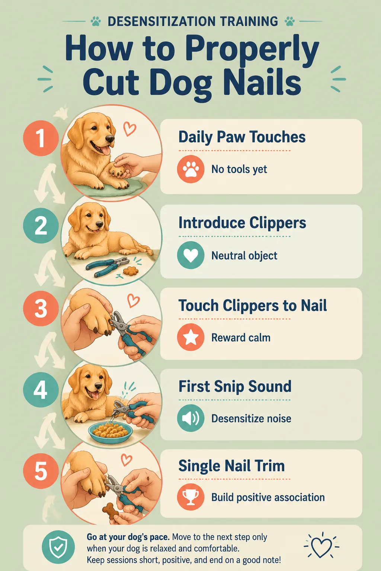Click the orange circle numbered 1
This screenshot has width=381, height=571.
click(41, 138)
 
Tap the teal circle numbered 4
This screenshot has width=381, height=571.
click(41, 390)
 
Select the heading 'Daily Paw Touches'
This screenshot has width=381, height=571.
click(242, 137)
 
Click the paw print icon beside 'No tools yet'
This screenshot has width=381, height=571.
click(190, 169)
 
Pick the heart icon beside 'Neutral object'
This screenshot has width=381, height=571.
click(190, 255)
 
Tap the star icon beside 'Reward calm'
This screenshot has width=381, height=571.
click(190, 337)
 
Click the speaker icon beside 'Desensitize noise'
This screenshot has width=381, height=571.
click(190, 418)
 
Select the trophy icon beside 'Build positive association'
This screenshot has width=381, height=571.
click(190, 497)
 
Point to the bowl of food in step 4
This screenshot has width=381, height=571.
click(111, 431)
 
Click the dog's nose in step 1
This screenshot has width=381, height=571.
click(110, 138)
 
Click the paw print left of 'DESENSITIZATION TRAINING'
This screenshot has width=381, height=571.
click(96, 22)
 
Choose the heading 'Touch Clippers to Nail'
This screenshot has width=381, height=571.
click(253, 305)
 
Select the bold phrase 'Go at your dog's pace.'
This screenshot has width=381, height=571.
click(128, 537)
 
